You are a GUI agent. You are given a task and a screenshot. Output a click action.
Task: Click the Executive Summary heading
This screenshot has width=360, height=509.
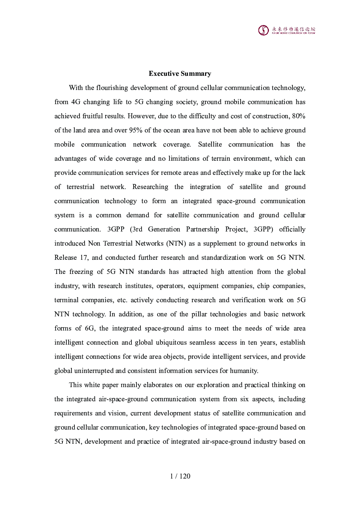(180, 74)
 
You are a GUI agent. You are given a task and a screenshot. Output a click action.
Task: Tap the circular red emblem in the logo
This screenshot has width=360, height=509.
(263, 30)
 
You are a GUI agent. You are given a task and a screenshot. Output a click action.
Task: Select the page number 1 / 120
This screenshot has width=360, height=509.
(180, 476)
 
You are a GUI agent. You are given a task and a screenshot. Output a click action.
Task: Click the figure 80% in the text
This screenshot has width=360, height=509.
(299, 116)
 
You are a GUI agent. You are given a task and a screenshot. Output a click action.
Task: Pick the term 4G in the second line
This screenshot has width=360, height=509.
(75, 102)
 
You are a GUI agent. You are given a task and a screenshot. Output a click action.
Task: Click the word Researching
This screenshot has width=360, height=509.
(150, 187)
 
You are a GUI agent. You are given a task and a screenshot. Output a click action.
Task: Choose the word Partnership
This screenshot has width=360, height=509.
(202, 229)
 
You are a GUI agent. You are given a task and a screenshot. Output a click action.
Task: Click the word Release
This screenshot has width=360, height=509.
(66, 258)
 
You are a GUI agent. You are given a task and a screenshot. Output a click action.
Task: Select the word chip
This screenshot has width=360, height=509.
(263, 286)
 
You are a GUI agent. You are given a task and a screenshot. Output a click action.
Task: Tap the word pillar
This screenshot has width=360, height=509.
(199, 314)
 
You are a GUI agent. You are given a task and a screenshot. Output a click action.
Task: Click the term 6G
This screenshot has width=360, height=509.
(90, 328)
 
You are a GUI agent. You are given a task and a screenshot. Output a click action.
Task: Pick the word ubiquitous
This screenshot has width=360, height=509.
(171, 342)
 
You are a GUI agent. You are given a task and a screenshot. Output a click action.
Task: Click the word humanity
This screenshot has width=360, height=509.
(245, 371)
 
